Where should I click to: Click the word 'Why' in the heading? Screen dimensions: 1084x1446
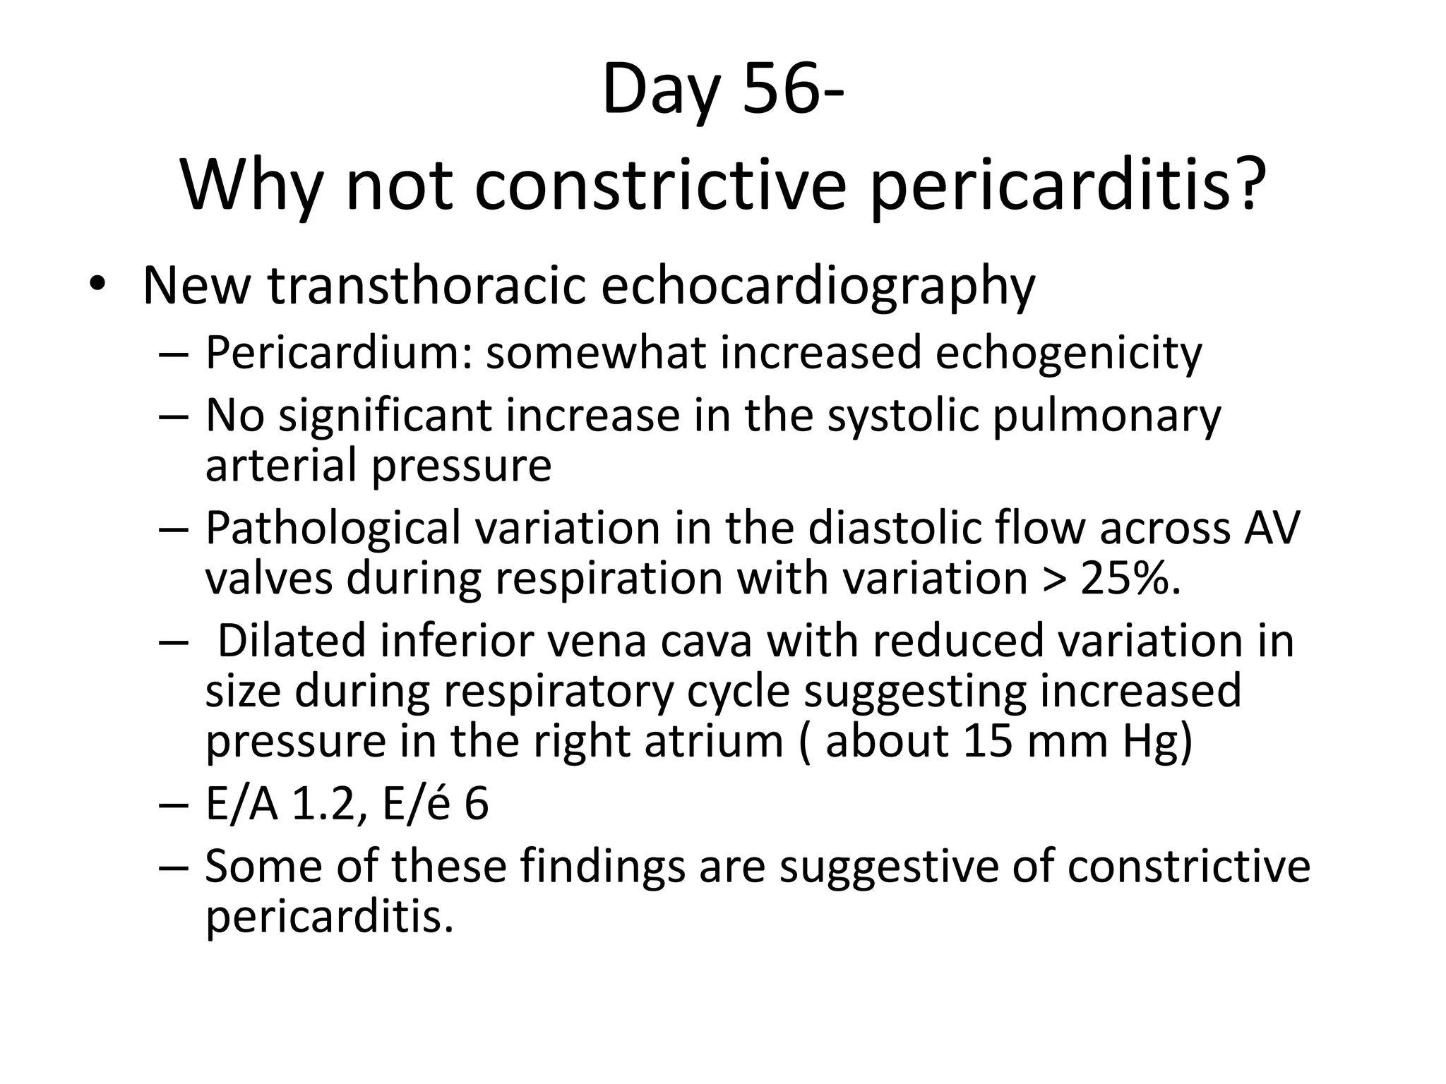251,185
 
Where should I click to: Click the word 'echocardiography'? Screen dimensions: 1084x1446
818,287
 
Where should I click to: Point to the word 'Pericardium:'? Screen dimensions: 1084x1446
338,352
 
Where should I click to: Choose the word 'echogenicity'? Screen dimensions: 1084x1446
1068,352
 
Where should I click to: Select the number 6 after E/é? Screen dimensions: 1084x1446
477,804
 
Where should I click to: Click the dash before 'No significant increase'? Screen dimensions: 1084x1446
174,416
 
